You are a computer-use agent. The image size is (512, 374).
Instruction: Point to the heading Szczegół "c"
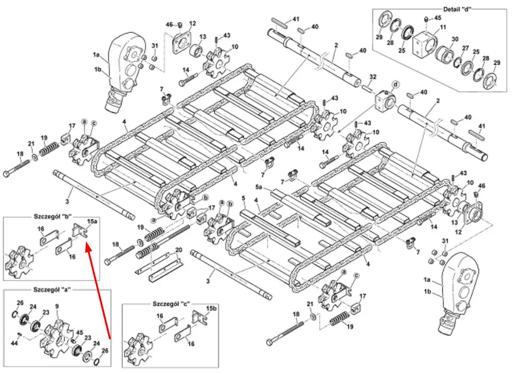click(x=171, y=304)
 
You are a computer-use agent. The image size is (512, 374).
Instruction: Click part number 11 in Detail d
click(x=443, y=28)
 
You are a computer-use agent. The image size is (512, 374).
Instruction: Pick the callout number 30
click(x=455, y=39)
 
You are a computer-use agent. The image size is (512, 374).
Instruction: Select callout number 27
click(x=466, y=48)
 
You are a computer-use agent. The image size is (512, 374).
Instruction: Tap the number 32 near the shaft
click(x=373, y=77)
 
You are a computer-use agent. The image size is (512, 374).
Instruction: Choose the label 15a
click(x=92, y=222)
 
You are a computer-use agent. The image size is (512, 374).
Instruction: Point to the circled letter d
click(x=395, y=85)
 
